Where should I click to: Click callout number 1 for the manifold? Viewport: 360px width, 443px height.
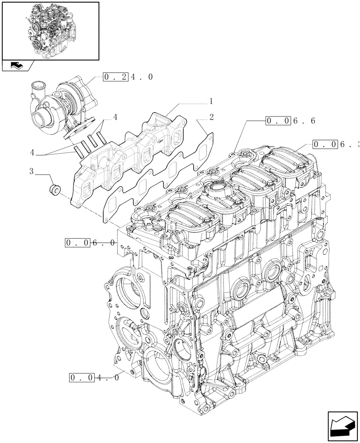pos(211,101)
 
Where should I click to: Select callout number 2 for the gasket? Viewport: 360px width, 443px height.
pos(211,117)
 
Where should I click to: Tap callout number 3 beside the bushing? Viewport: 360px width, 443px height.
pos(31,171)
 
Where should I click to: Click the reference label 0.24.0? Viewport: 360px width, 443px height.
pos(128,77)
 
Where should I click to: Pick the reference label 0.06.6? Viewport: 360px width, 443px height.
pos(290,120)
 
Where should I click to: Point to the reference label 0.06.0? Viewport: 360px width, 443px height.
pos(90,243)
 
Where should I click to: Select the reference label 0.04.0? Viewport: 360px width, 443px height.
pos(94,378)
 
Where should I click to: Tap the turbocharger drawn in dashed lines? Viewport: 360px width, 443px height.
pos(62,102)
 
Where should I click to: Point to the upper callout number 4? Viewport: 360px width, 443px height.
pos(115,117)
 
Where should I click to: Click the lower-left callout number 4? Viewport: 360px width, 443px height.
pos(32,152)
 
